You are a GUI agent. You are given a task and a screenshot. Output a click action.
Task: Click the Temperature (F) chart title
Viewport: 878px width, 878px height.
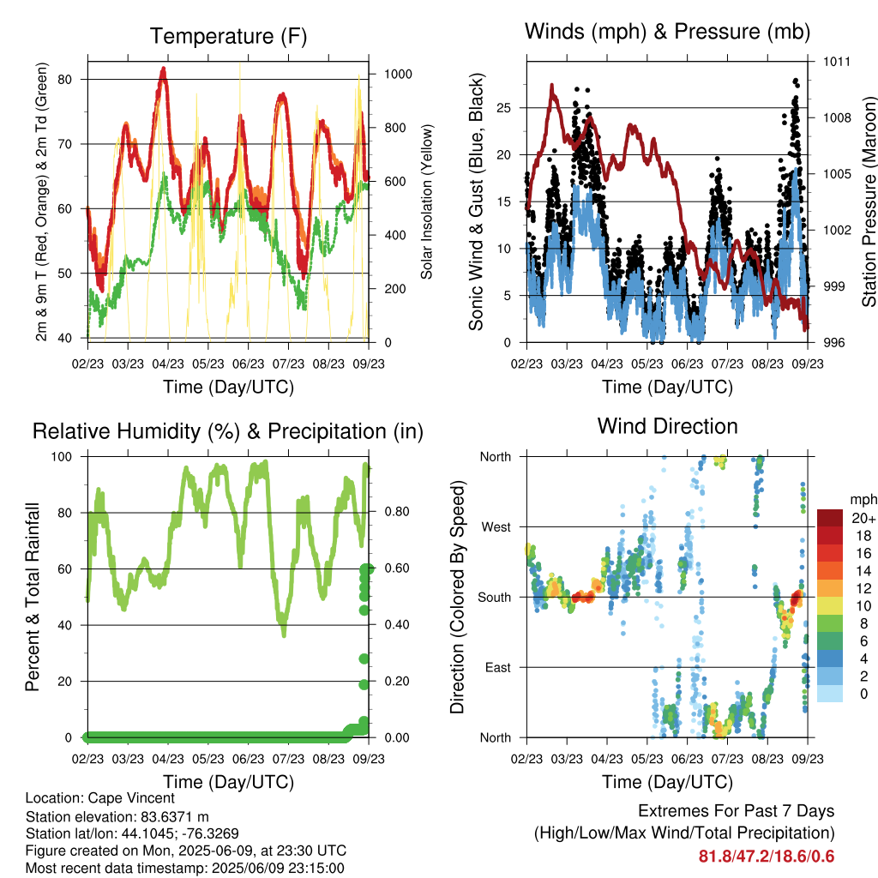[228, 36]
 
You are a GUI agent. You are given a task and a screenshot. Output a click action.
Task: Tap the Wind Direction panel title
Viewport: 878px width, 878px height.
[667, 426]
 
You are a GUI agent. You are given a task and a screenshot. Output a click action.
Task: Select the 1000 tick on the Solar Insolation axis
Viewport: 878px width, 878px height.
[398, 74]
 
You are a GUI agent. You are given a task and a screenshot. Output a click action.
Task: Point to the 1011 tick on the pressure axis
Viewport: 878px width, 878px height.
[837, 62]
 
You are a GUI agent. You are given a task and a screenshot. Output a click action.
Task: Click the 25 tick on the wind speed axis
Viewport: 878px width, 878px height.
[504, 107]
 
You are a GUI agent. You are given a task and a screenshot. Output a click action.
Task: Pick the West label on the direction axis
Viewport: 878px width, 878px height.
[496, 527]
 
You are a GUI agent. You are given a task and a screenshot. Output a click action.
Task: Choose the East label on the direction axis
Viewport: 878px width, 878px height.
[498, 667]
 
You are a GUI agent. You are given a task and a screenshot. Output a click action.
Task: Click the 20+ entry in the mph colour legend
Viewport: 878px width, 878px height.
[863, 518]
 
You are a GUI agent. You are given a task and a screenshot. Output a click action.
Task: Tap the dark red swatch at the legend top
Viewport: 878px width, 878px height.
[830, 518]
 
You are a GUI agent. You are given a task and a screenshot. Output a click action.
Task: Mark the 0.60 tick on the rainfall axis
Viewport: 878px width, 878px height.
[397, 568]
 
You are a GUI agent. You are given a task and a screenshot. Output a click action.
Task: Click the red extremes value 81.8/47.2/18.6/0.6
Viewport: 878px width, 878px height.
[767, 857]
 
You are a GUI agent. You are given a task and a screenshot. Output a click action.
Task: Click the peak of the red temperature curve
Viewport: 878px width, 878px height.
[164, 69]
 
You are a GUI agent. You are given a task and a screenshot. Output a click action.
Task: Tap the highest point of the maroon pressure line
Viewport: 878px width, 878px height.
[552, 86]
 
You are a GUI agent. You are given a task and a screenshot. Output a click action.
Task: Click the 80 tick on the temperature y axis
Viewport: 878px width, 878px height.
[65, 80]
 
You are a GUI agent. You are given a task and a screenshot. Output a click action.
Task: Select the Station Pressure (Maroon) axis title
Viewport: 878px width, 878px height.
[869, 201]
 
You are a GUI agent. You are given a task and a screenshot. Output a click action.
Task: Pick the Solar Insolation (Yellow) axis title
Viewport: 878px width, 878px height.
[427, 201]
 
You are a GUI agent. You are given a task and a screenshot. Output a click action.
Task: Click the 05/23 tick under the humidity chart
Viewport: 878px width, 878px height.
[208, 759]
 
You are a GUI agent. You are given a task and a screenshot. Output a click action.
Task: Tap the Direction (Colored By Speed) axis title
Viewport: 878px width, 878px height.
[458, 597]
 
